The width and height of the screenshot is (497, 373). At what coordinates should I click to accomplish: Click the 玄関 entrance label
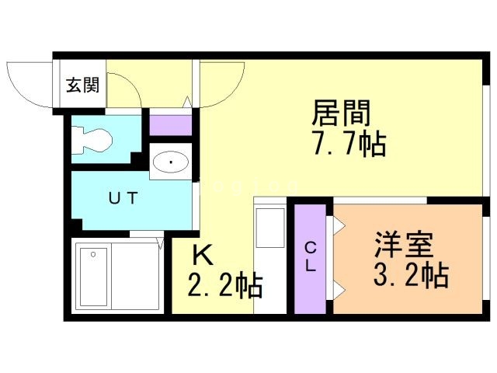(x=83, y=85)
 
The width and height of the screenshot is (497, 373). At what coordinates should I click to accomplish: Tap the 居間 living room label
(x=342, y=113)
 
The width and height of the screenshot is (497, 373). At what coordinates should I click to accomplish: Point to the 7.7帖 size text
(x=349, y=144)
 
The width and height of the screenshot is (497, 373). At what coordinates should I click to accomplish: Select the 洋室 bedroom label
(x=404, y=245)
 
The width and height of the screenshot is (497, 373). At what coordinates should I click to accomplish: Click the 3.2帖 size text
(x=411, y=274)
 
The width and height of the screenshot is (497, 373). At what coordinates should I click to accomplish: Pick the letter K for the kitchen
(x=203, y=256)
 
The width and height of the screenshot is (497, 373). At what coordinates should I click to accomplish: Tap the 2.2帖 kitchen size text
(x=225, y=285)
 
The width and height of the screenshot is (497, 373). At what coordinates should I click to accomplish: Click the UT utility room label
(x=123, y=198)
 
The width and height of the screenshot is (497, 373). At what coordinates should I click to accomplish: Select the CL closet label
(x=311, y=256)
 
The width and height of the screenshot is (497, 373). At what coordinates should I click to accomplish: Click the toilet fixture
(x=92, y=140)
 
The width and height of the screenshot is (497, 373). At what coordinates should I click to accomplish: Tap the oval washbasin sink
(x=171, y=162)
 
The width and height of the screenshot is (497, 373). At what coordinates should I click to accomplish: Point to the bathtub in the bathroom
(x=93, y=277)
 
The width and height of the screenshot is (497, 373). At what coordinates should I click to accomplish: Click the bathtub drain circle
(x=93, y=254)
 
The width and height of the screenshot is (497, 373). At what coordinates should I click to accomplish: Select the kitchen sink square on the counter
(x=270, y=228)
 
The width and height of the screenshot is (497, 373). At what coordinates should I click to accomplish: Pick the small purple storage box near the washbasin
(x=171, y=125)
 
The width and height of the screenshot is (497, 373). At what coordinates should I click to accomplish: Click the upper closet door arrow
(x=339, y=225)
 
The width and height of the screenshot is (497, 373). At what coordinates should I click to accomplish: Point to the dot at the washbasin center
(x=171, y=162)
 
